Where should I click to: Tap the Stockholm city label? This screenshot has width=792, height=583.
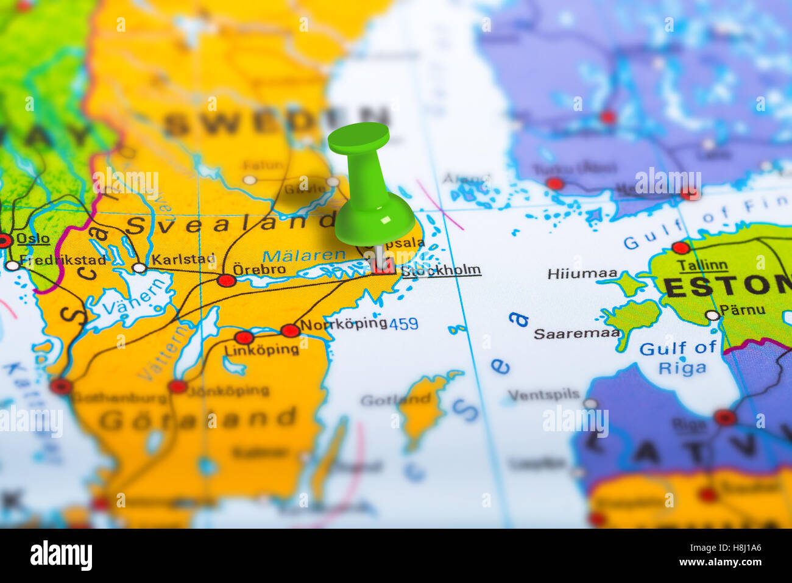441,270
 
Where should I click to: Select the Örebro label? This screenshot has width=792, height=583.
259,269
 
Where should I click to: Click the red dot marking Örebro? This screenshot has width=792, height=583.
227,281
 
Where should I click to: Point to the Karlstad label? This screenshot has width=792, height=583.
183,259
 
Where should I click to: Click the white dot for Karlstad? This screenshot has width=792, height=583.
140,268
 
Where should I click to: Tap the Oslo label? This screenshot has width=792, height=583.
33,238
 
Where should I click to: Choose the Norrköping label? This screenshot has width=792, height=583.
344,323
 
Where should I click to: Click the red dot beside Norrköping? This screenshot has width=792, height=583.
290,331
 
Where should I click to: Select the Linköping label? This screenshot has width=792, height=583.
261,350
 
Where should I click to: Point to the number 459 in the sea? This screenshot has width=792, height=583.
403,324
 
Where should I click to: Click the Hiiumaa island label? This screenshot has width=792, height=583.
582,274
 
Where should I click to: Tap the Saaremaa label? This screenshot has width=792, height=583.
576,334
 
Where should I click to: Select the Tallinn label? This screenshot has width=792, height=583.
702,265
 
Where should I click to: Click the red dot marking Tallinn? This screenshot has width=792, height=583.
680,248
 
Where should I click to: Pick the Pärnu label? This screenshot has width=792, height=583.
742,310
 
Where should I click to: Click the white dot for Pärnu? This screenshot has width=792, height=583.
712,315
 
